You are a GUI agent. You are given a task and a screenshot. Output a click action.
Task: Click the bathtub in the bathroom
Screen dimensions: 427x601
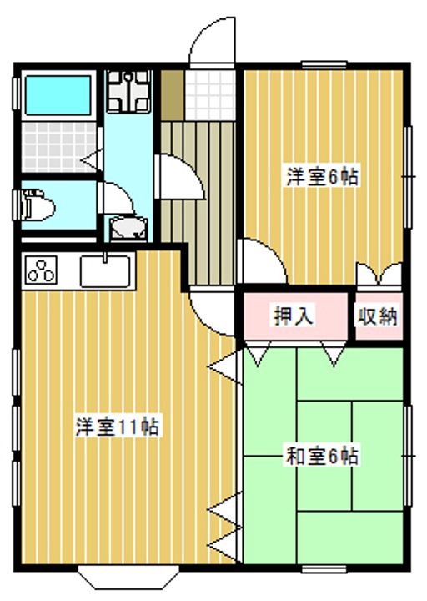(x=58, y=95)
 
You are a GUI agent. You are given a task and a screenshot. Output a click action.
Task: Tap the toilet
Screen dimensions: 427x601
(x=38, y=205)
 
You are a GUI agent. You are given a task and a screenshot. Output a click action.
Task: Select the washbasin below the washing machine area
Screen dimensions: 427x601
(x=128, y=229)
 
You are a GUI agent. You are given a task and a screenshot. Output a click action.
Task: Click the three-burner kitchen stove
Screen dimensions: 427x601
(x=40, y=270)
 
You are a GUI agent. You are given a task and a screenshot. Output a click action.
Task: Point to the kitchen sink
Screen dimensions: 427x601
(x=106, y=270)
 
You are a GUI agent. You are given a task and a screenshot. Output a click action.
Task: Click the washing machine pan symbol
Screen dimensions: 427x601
(x=128, y=91)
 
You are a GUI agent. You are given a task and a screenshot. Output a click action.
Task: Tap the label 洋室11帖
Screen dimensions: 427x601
(x=118, y=427)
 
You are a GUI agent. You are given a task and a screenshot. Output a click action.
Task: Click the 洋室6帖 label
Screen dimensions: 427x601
(x=323, y=178)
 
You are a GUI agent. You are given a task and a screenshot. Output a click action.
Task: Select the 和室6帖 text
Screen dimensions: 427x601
(x=323, y=456)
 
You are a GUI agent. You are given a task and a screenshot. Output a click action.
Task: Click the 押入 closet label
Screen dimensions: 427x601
(x=294, y=316)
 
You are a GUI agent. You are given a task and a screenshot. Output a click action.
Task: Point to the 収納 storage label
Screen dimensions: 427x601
(x=378, y=316)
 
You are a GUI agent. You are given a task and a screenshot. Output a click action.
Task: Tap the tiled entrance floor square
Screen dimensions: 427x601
(x=209, y=95)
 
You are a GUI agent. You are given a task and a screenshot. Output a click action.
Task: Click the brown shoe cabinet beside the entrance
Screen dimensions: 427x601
(x=172, y=95)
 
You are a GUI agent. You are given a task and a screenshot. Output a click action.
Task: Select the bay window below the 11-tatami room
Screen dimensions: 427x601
(x=128, y=577)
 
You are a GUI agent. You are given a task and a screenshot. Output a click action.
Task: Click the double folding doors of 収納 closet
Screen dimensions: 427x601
(x=379, y=274)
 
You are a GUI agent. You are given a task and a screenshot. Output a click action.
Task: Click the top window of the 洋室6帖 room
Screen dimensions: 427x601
(x=324, y=65)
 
